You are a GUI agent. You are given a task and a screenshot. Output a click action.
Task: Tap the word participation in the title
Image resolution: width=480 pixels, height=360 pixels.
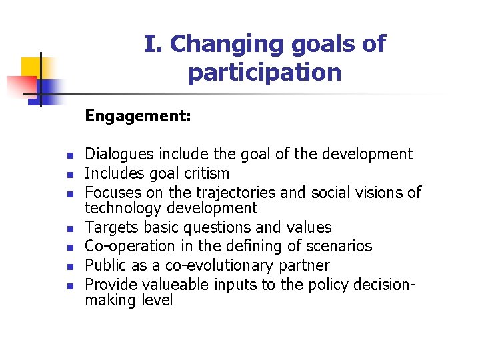coord(265,73)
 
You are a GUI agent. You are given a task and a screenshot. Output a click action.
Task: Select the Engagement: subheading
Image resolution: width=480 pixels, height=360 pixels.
coord(138,117)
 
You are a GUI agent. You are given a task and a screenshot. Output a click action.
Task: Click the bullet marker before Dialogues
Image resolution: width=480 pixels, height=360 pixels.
coord(69,155)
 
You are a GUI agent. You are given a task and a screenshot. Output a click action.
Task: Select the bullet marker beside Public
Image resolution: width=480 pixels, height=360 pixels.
coord(69,267)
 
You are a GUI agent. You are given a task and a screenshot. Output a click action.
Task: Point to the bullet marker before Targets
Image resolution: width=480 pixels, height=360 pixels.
coord(69,228)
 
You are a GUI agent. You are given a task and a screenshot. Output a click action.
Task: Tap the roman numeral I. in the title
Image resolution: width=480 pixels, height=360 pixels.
coord(153,44)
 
